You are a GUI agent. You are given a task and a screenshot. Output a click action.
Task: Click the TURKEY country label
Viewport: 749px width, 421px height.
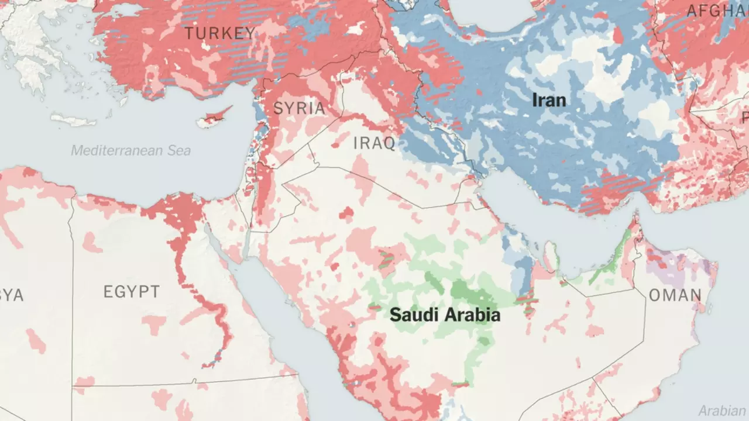[220, 33]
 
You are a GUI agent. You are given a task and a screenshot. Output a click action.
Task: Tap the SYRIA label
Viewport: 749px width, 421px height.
[299, 108]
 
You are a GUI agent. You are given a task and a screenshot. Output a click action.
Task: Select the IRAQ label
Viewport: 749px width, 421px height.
[374, 143]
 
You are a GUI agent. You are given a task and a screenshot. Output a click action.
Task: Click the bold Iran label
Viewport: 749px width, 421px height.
[549, 100]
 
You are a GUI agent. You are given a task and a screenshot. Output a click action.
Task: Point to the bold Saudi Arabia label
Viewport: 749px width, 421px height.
[445, 315]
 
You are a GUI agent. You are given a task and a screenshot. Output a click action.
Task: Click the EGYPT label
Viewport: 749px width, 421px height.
[131, 292]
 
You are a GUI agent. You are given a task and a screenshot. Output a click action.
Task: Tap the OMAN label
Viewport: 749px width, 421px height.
[675, 295]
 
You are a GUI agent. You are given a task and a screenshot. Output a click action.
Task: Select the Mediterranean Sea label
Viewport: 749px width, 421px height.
[130, 150]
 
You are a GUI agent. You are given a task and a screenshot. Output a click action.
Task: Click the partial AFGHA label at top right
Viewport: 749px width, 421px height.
[717, 11]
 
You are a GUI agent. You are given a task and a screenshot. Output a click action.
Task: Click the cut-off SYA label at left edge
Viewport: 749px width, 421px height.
[12, 295]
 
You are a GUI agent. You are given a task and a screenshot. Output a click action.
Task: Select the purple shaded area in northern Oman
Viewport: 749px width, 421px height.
[679, 264]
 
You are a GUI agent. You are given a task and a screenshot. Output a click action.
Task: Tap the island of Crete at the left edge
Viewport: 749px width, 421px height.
[73, 120]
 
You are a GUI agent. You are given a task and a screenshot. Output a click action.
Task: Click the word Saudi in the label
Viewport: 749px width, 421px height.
[412, 315]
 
